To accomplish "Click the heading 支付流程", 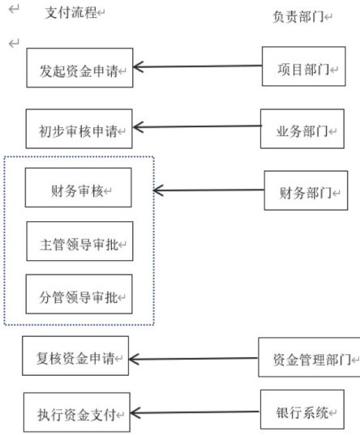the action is (71, 13).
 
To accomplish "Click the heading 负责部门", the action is (298, 17).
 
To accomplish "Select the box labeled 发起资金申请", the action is (79, 68).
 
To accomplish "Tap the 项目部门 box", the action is (304, 66).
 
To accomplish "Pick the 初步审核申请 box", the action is (79, 129).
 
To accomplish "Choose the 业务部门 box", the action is (302, 129).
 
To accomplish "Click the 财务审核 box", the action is (79, 188).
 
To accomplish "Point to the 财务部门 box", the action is (306, 190).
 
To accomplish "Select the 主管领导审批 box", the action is (79, 241).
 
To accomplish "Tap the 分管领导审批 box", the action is (79, 294).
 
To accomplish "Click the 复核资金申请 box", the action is (75, 356).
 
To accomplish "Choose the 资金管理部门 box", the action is (309, 357).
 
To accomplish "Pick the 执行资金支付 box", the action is (77, 412).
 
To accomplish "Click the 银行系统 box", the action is (302, 409).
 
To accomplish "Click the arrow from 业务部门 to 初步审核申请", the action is (197, 127).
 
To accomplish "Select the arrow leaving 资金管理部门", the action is (194, 359).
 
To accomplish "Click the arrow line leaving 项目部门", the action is (198, 66).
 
